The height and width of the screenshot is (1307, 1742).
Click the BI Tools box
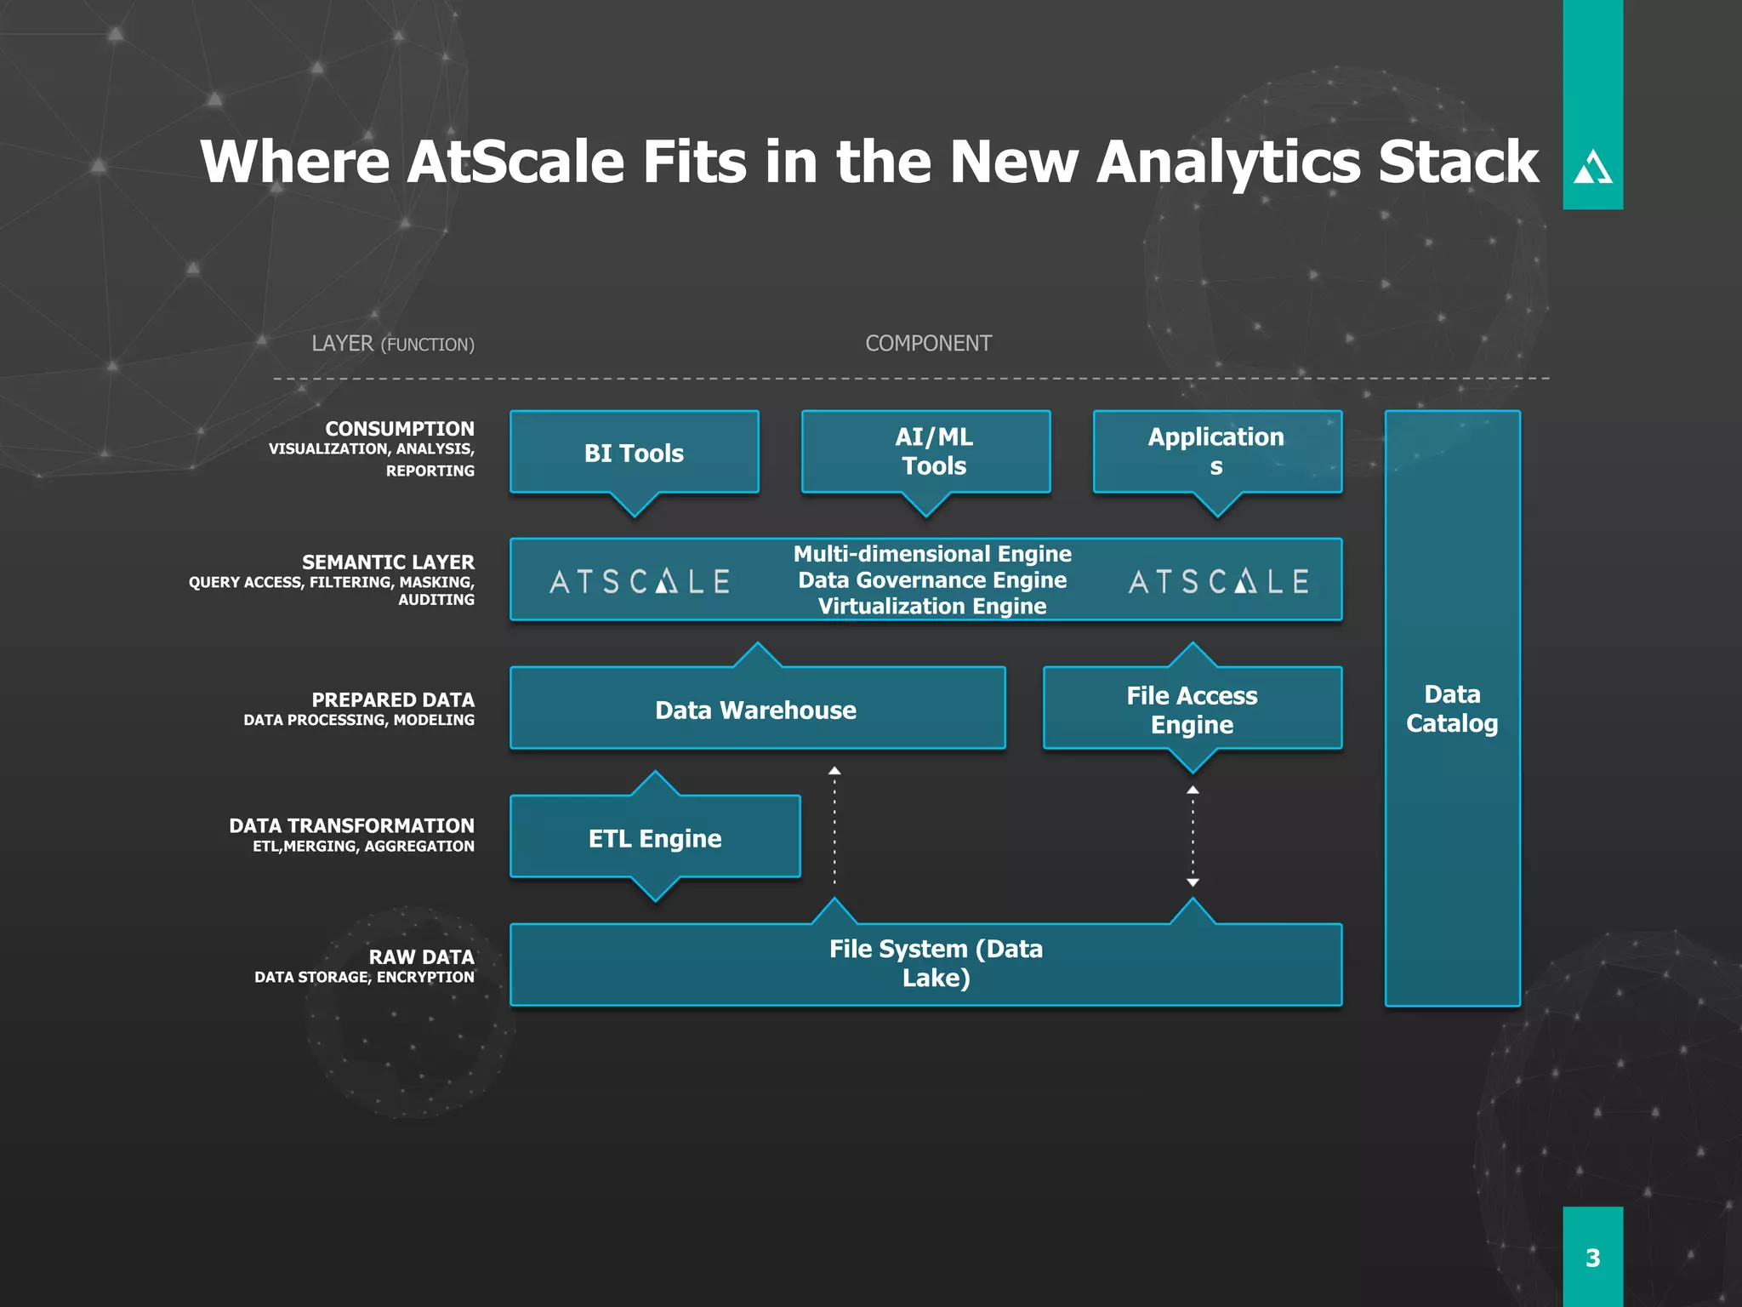click(634, 453)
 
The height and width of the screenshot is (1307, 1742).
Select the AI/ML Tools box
click(925, 452)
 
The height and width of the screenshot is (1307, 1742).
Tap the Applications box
click(1216, 452)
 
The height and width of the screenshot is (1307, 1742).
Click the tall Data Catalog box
click(1452, 708)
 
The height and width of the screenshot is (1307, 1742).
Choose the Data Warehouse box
click(756, 710)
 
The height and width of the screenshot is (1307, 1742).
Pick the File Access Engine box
click(1192, 710)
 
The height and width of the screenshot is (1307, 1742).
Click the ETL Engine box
click(654, 838)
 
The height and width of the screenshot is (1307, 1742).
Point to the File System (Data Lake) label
click(935, 963)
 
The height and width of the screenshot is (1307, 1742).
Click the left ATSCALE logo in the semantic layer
click(640, 581)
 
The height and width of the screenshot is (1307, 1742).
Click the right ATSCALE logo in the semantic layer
click(1218, 581)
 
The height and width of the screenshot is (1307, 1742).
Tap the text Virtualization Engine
click(931, 606)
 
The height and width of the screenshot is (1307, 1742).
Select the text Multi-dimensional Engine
click(931, 554)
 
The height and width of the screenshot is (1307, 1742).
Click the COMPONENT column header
click(928, 343)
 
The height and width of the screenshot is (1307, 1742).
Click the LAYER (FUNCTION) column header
click(392, 344)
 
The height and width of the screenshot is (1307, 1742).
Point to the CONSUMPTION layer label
click(399, 429)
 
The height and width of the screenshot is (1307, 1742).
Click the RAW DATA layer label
click(421, 957)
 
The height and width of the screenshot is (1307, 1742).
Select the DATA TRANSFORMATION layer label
click(351, 825)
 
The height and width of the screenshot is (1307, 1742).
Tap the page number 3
click(1592, 1258)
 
